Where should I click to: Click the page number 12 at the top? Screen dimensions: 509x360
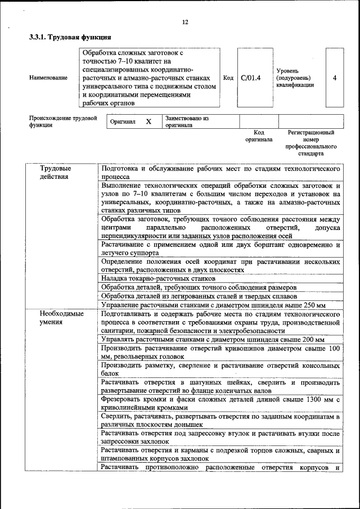click(184, 22)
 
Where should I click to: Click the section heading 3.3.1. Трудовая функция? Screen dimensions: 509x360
click(66, 38)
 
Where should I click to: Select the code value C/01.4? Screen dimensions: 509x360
click(250, 78)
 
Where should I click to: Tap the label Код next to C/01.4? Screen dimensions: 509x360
click(228, 78)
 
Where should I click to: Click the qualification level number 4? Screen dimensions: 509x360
click(335, 78)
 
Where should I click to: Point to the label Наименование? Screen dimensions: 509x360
click(48, 78)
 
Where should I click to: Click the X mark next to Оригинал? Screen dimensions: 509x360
click(148, 121)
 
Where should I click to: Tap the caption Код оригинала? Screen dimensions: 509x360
click(259, 136)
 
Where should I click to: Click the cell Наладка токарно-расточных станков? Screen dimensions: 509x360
click(158, 278)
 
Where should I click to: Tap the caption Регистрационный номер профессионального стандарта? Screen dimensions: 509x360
click(311, 143)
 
